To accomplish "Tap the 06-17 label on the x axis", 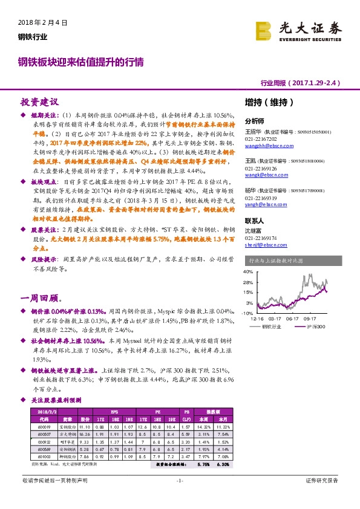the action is pos(293,318).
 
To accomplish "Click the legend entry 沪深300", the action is pos(316,326).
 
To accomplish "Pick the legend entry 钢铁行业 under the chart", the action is pos(271,326).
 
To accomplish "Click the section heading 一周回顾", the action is pos(39,299).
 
